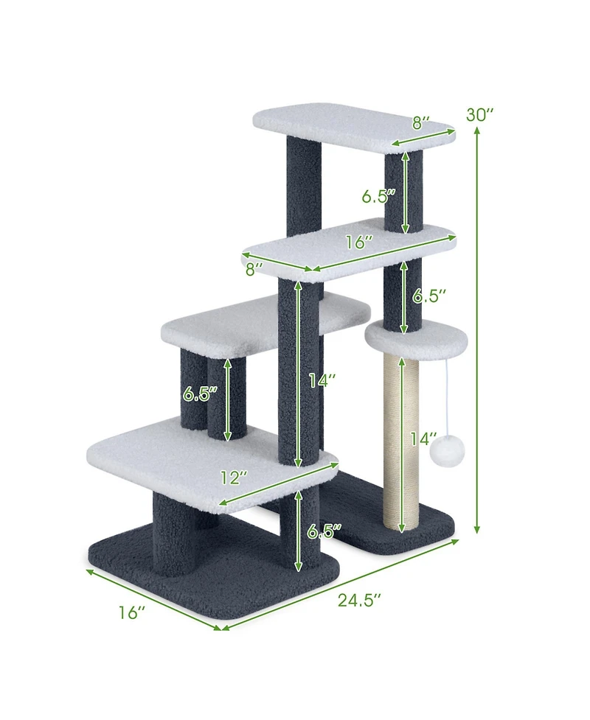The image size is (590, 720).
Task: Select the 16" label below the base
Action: [x=132, y=612]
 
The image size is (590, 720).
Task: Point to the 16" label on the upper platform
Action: [x=358, y=242]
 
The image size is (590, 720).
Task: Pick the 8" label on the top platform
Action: [x=421, y=123]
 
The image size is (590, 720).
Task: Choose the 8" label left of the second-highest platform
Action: [x=254, y=270]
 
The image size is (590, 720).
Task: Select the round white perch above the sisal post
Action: [x=417, y=338]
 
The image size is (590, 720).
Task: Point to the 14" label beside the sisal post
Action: [x=425, y=439]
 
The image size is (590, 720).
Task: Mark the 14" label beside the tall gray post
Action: [x=322, y=380]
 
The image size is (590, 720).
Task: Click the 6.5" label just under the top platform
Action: [x=378, y=196]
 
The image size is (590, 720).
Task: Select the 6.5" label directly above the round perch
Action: [x=430, y=296]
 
